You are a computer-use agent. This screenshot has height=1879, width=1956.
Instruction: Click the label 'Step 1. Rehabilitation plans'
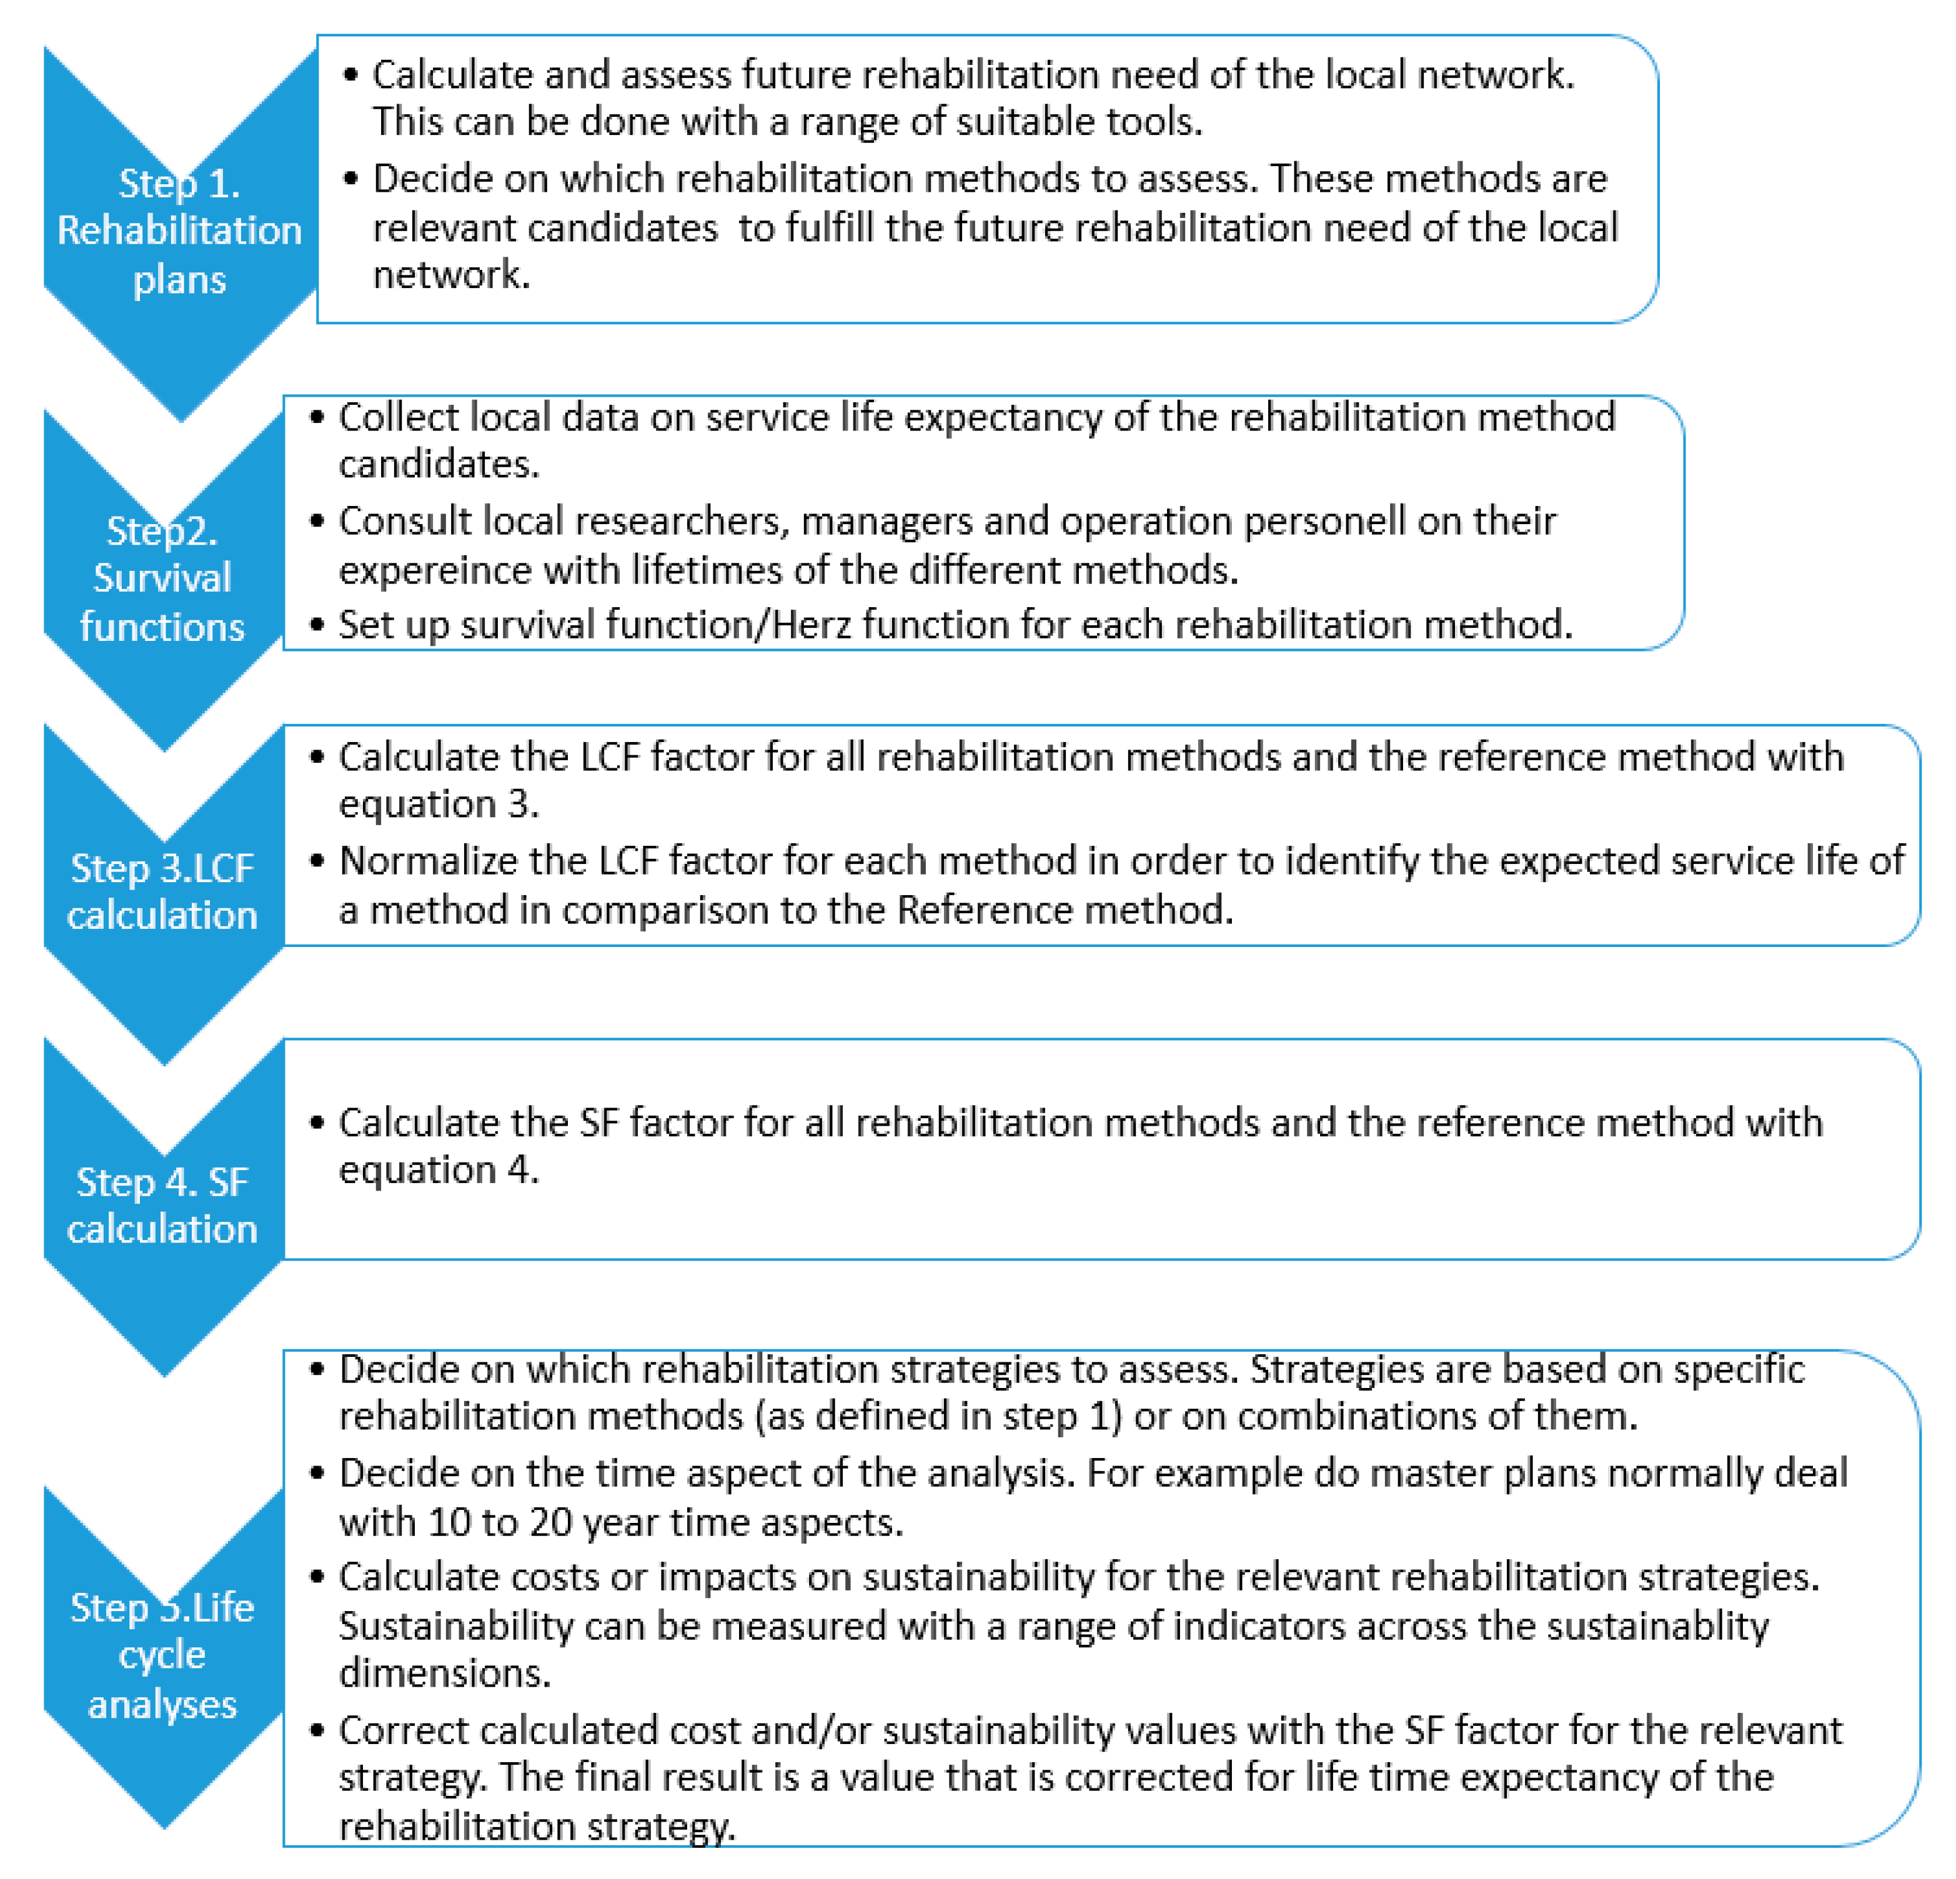pyautogui.click(x=180, y=231)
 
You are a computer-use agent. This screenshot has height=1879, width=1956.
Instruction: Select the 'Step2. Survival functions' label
pyautogui.click(x=162, y=578)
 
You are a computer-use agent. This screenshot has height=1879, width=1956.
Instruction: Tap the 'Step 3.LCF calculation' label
pyautogui.click(x=162, y=891)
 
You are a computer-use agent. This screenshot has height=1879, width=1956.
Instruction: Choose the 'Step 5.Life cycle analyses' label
pyautogui.click(x=162, y=1655)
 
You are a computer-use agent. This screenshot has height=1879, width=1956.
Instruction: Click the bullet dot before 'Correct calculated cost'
pyautogui.click(x=317, y=1730)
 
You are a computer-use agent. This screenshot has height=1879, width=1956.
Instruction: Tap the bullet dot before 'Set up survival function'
pyautogui.click(x=317, y=625)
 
